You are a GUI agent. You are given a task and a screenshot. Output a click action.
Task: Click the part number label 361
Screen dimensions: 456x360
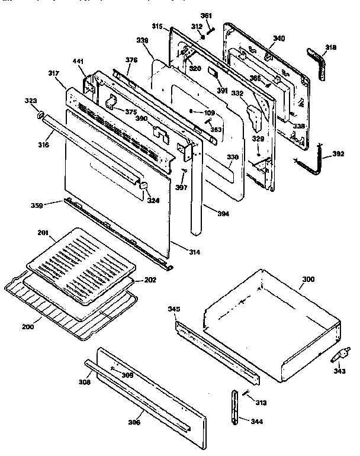pyautogui.click(x=205, y=15)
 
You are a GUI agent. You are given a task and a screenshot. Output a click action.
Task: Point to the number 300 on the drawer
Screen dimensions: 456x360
pyautogui.click(x=309, y=278)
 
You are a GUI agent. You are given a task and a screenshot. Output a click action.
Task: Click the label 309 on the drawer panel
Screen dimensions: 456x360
pyautogui.click(x=127, y=375)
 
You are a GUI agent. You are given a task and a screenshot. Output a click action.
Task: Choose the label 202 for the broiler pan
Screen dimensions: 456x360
pyautogui.click(x=150, y=280)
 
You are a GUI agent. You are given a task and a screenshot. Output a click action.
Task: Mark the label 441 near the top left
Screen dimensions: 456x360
pyautogui.click(x=78, y=61)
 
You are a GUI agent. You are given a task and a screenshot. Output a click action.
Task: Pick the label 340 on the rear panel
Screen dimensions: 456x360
pyautogui.click(x=278, y=38)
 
